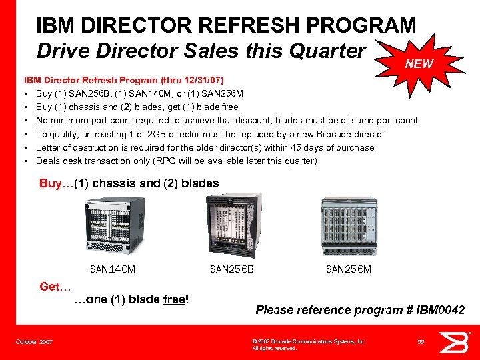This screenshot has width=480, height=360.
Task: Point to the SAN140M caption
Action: [x=112, y=269]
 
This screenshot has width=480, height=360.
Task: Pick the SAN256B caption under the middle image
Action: [x=231, y=269]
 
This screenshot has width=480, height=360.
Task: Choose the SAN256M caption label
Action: [x=348, y=269]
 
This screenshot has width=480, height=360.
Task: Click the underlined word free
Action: [x=175, y=299]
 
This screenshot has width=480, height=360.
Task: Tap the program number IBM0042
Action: [x=441, y=309]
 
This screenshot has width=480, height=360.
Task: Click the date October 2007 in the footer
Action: [x=35, y=342]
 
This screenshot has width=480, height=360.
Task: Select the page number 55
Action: [x=421, y=342]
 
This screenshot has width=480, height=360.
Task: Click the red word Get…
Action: [x=55, y=287]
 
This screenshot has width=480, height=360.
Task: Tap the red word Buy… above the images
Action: [x=56, y=183]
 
